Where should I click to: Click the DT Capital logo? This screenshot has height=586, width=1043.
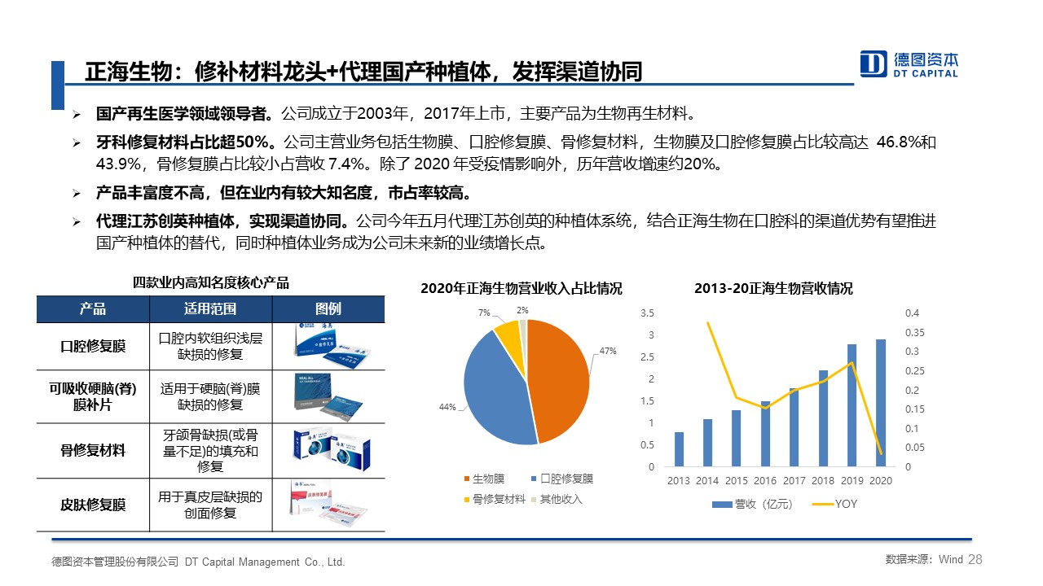coord(909,63)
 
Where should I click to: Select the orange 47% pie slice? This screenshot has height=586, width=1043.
coord(561,382)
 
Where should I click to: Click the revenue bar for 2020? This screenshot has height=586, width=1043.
coord(880,403)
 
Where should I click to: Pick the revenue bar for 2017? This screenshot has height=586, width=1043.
coord(794,427)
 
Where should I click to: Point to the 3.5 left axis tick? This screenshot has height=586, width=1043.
coord(648,313)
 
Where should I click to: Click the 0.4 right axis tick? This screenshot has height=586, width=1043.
coord(912,313)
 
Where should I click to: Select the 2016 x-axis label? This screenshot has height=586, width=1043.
coord(765,481)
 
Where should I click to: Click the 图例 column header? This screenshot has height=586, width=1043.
coord(328,309)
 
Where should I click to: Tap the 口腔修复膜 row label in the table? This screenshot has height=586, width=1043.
coord(93,346)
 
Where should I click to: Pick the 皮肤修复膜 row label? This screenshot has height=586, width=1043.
coord(93,505)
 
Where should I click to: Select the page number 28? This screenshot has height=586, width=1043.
coord(975,559)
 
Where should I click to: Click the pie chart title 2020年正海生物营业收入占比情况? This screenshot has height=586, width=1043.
coord(521,289)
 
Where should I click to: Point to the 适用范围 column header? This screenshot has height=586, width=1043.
coord(210,309)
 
